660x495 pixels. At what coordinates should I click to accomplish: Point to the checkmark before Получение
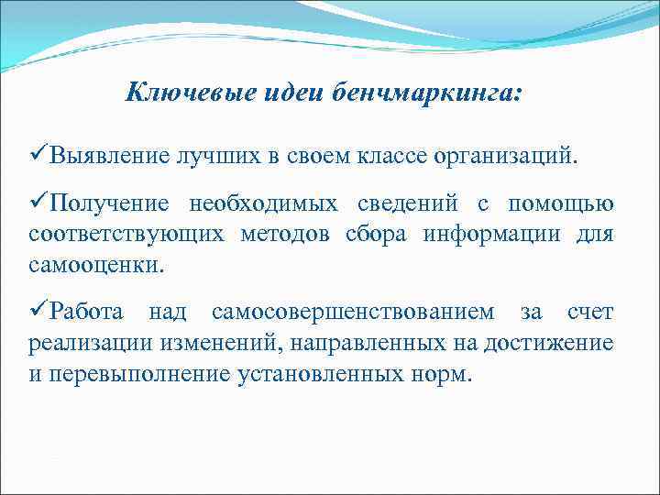(39, 202)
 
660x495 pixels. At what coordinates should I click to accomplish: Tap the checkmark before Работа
(39, 313)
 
